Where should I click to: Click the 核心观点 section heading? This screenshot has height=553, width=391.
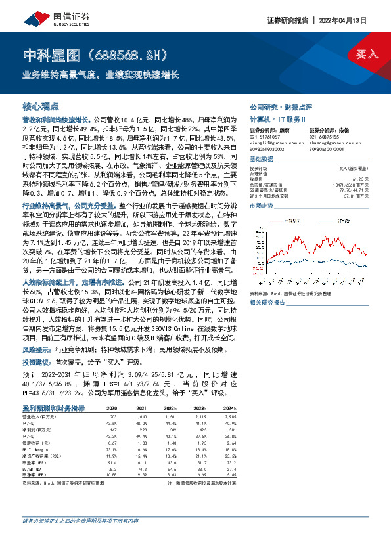pyautogui.click(x=41, y=106)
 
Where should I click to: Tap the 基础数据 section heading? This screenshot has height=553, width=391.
pyautogui.click(x=261, y=160)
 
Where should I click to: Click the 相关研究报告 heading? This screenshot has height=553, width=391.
pyautogui.click(x=267, y=302)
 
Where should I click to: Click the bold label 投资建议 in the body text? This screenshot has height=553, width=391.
pyautogui.click(x=37, y=361)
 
